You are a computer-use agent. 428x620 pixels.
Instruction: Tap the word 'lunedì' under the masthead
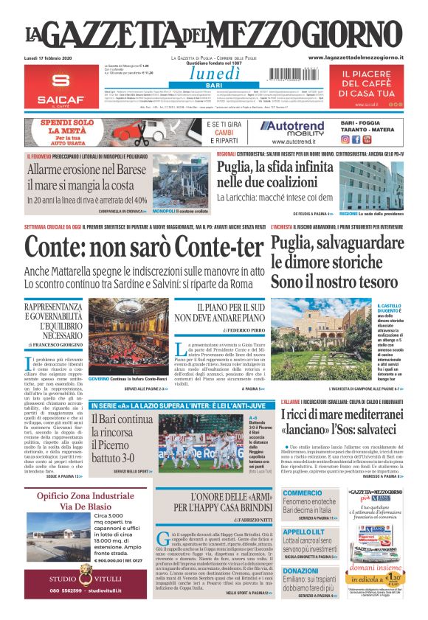(215, 73)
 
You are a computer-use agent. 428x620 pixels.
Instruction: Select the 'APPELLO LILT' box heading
(303, 532)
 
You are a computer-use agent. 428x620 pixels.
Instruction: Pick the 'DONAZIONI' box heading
(300, 571)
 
